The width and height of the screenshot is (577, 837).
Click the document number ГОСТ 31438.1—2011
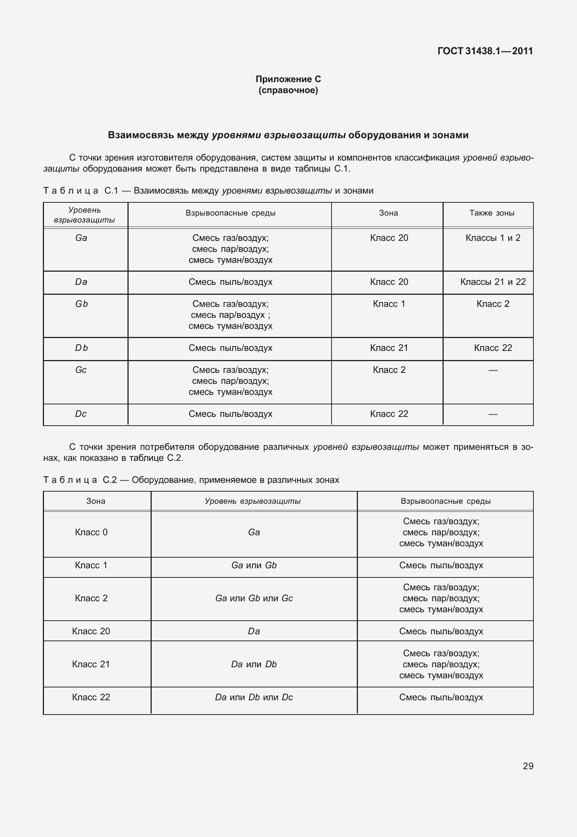tap(485, 51)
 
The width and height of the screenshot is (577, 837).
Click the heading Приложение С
tap(288, 79)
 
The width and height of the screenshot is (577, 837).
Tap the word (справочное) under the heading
tap(288, 91)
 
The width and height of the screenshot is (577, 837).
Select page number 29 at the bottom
tap(528, 766)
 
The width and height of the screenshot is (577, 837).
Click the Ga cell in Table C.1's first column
tap(81, 238)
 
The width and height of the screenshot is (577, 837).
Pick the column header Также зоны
tap(492, 213)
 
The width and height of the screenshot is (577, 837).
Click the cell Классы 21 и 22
tap(493, 282)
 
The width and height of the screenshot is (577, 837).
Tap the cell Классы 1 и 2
tap(493, 238)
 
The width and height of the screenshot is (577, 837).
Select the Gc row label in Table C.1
tap(81, 370)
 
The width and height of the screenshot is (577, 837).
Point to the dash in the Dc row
tap(493, 414)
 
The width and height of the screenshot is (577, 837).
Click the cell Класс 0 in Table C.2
tap(91, 532)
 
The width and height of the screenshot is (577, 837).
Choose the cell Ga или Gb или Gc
tap(254, 598)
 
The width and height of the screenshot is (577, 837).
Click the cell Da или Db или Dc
tap(254, 697)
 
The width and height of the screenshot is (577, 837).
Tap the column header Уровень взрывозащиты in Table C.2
tap(253, 501)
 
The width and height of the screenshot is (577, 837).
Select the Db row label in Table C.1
tap(81, 348)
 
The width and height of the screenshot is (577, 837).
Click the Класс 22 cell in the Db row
tap(493, 348)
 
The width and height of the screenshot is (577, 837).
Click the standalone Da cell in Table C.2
tap(254, 631)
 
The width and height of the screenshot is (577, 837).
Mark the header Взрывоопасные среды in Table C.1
tap(230, 213)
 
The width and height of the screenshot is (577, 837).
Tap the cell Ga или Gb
tap(254, 565)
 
